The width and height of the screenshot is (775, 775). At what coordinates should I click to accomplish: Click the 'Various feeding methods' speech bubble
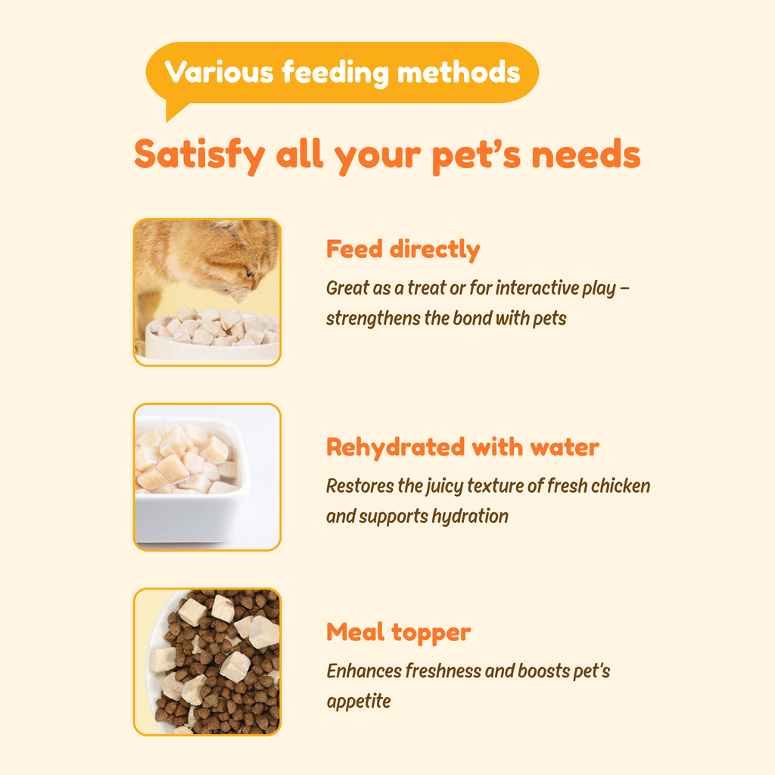tap(342, 73)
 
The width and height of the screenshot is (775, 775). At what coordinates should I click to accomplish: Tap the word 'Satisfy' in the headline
tap(199, 154)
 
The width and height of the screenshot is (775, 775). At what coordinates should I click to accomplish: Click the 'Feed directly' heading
tap(403, 249)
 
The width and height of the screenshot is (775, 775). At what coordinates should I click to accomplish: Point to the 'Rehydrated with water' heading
tap(462, 447)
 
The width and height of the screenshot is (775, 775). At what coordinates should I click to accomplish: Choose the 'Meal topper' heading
tap(398, 632)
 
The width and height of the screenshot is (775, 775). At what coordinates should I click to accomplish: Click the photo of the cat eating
tap(207, 292)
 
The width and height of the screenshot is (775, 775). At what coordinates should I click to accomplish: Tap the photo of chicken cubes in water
tap(207, 477)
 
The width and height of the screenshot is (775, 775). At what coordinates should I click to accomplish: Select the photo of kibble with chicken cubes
tap(207, 661)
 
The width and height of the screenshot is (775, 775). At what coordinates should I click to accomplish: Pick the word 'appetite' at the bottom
tap(359, 702)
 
